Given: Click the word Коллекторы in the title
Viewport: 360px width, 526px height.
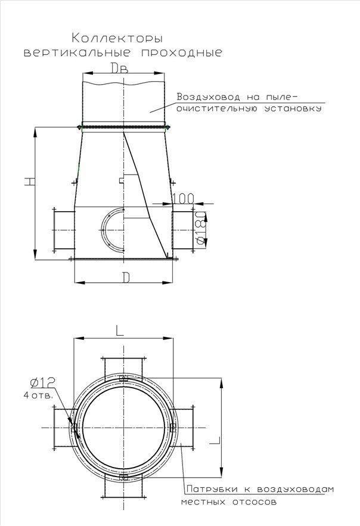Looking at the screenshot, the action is tap(117, 38).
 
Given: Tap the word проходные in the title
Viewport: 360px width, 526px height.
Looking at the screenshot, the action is tap(181, 52).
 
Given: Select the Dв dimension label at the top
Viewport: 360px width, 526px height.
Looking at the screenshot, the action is tap(120, 68).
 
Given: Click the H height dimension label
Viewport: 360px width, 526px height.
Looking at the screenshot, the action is tap(30, 181).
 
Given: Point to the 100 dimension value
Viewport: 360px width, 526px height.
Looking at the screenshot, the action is tap(183, 199).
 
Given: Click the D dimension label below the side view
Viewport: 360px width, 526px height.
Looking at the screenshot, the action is tap(125, 277).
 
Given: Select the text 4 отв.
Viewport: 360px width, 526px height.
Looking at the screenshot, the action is tap(38, 395).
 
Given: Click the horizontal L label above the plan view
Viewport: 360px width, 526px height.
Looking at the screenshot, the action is tap(120, 331).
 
